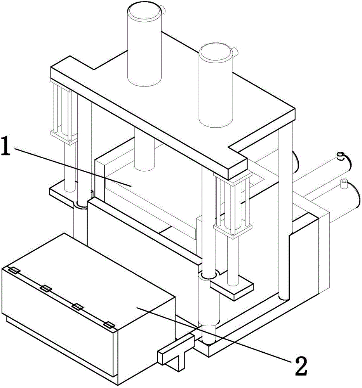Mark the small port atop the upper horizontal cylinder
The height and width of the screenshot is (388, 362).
pyautogui.click(x=341, y=156)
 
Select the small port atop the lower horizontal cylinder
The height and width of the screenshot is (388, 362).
pyautogui.click(x=343, y=183)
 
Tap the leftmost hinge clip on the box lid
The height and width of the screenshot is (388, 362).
pyautogui.click(x=14, y=270)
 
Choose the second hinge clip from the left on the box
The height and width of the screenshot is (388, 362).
pyautogui.click(x=46, y=288)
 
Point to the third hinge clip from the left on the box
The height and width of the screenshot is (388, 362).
pyautogui.click(x=78, y=307)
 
